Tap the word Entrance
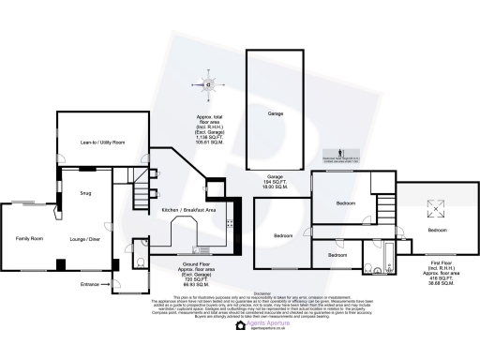coord(90,283)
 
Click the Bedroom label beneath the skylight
coord(437,230)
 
